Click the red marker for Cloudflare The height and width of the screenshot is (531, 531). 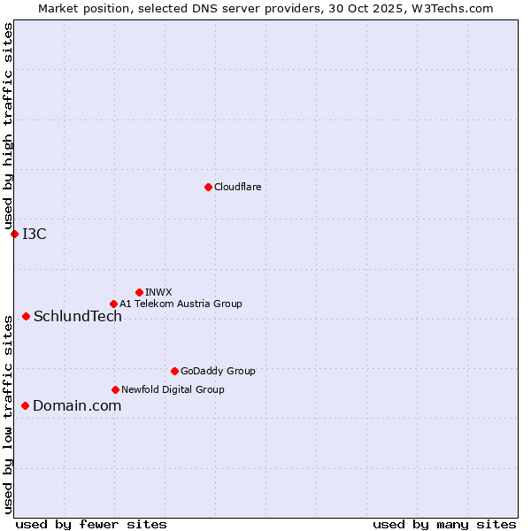coord(208,187)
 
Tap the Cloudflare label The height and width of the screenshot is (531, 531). coord(237,187)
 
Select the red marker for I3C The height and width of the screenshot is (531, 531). coord(14,234)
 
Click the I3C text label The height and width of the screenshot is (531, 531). coord(35,234)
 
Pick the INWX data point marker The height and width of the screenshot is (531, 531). coord(139,292)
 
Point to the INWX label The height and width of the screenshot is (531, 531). coord(158,292)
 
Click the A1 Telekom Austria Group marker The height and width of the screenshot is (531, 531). coord(113,304)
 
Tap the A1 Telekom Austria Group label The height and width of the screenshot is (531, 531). coord(181,304)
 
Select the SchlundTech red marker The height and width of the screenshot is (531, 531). coord(26,316)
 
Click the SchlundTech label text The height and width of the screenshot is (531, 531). coord(78,316)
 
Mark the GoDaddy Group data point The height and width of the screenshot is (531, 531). coord(174,371)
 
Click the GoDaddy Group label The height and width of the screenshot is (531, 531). coord(218,371)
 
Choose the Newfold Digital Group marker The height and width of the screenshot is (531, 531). coord(115,389)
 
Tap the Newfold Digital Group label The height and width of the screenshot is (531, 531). coord(173,389)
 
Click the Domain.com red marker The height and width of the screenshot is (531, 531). coord(25,405)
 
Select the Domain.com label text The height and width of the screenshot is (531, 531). coord(77,405)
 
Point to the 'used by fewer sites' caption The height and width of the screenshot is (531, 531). coord(91,524)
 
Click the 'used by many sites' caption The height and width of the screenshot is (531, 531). coord(444,524)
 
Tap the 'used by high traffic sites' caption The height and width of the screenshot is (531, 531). coord(8,126)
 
